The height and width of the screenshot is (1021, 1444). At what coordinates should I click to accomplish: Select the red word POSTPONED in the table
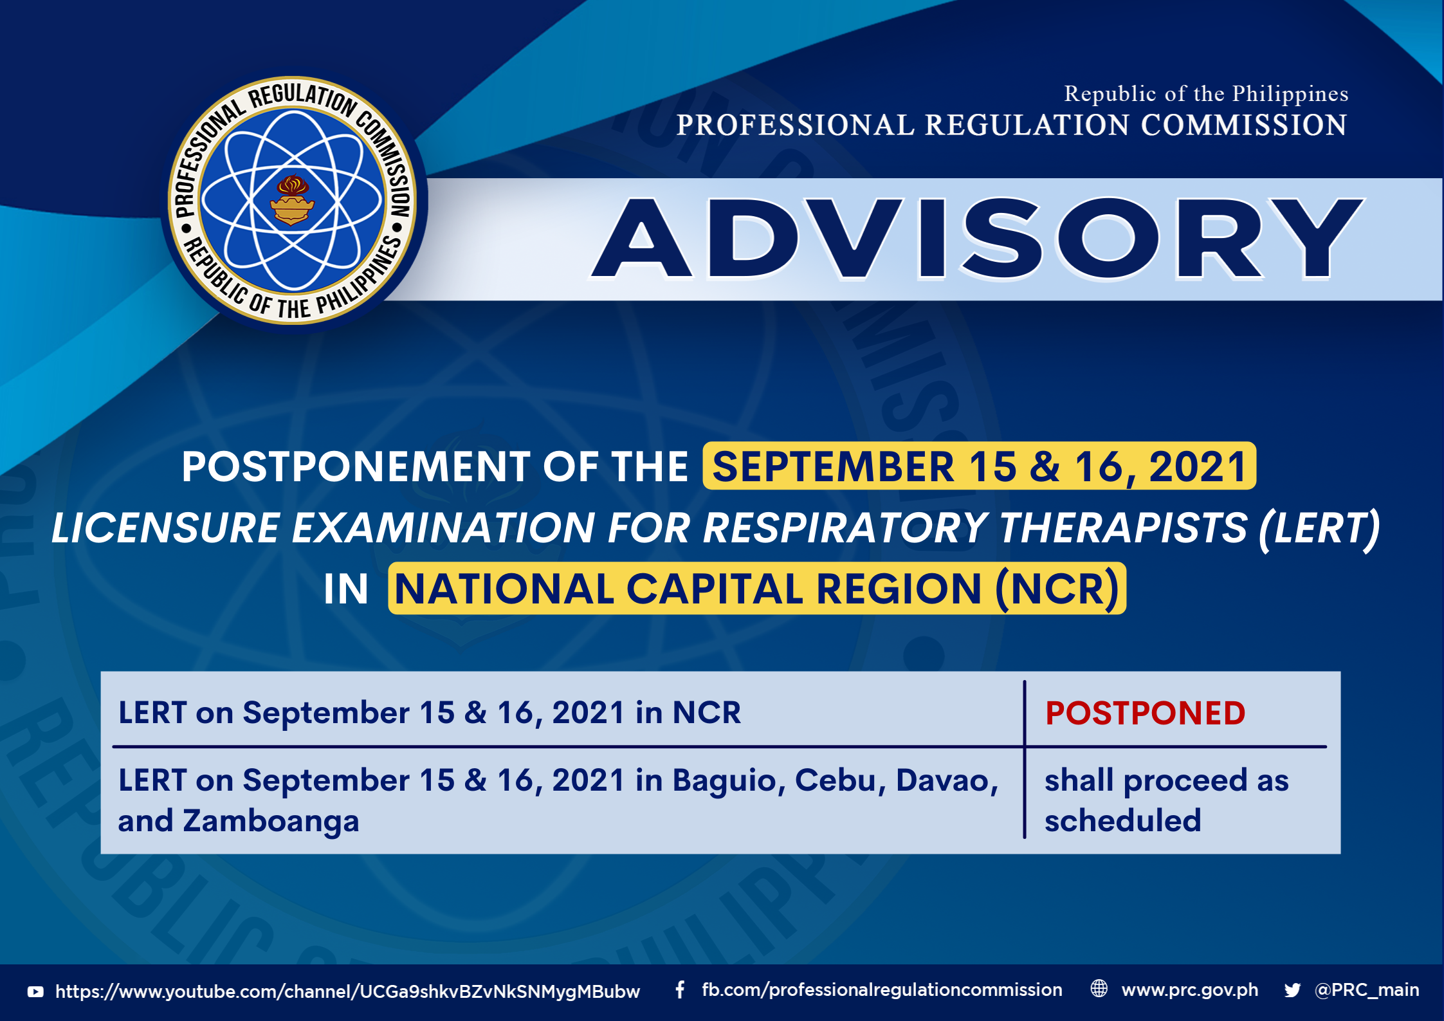click(1146, 713)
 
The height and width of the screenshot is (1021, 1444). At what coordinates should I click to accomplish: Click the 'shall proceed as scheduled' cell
click(1166, 800)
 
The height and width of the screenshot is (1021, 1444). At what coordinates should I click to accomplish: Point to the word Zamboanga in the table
click(271, 821)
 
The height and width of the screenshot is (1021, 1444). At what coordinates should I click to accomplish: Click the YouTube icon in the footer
click(35, 992)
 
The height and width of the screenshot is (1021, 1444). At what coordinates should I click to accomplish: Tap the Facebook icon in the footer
click(680, 989)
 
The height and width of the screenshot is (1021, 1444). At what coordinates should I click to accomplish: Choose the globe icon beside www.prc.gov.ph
click(1099, 989)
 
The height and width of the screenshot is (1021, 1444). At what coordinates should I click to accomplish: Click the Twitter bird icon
click(1292, 990)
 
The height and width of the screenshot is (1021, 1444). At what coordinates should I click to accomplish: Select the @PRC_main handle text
click(1367, 990)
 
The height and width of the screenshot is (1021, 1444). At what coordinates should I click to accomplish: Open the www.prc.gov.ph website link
click(1190, 990)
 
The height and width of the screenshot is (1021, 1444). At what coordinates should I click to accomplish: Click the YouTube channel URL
click(347, 991)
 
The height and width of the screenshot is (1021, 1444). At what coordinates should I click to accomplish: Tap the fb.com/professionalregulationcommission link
click(882, 990)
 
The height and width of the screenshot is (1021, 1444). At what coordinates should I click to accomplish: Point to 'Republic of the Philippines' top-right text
click(1206, 94)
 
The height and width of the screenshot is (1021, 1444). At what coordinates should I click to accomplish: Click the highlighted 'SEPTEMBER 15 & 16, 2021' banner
click(979, 466)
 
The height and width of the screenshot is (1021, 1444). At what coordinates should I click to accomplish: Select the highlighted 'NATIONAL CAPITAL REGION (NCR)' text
click(757, 588)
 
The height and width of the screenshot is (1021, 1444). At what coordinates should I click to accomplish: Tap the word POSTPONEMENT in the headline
click(356, 466)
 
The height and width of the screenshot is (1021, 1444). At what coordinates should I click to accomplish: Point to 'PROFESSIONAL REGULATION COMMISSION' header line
click(1011, 125)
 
